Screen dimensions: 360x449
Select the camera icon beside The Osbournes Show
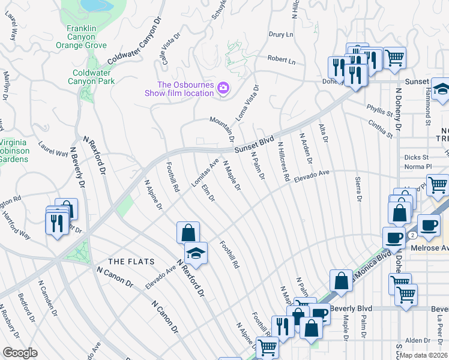click(223, 88)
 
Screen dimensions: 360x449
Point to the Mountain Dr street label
click(221, 128)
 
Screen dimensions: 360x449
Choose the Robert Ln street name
click(282, 61)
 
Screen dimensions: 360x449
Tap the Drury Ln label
click(280, 35)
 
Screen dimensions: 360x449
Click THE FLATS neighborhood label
click(131, 262)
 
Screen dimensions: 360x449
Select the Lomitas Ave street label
click(205, 173)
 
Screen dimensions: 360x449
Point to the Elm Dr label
click(208, 193)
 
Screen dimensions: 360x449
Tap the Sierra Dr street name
click(358, 189)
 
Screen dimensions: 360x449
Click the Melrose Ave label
click(429, 247)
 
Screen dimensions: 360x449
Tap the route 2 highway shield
click(413, 236)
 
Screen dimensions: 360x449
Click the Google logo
click(20, 352)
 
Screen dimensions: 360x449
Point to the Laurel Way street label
click(53, 149)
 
